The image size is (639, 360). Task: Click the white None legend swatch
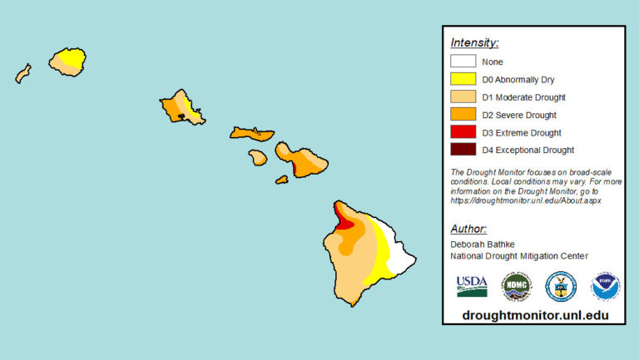[463, 61]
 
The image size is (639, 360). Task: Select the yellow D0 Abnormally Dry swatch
[463, 79]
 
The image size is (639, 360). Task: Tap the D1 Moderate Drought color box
[463, 96]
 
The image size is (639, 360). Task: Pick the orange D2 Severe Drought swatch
[463, 115]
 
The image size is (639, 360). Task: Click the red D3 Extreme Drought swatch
[463, 132]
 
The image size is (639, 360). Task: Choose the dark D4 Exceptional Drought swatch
[463, 150]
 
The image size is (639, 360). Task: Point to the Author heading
[468, 229]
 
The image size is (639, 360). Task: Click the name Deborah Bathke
[483, 244]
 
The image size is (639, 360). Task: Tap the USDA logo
[472, 286]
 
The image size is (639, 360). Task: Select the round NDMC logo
[516, 286]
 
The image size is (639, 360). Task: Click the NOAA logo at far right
[605, 286]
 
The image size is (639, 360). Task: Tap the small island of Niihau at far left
[22, 74]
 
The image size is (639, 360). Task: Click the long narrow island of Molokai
[251, 133]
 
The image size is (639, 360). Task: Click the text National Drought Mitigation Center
[519, 256]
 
